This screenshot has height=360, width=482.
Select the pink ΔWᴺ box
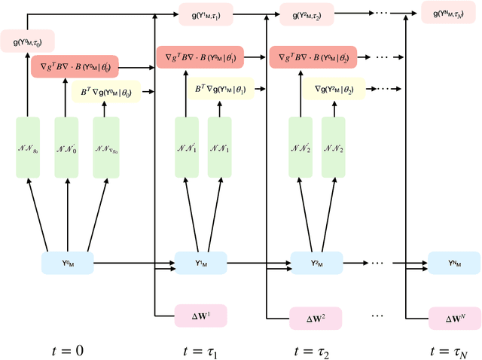coord(454,318)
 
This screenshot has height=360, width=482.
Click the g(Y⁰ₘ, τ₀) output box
coord(27,41)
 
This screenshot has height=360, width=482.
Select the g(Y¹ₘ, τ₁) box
coord(206,13)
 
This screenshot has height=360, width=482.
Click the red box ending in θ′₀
coord(75,66)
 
